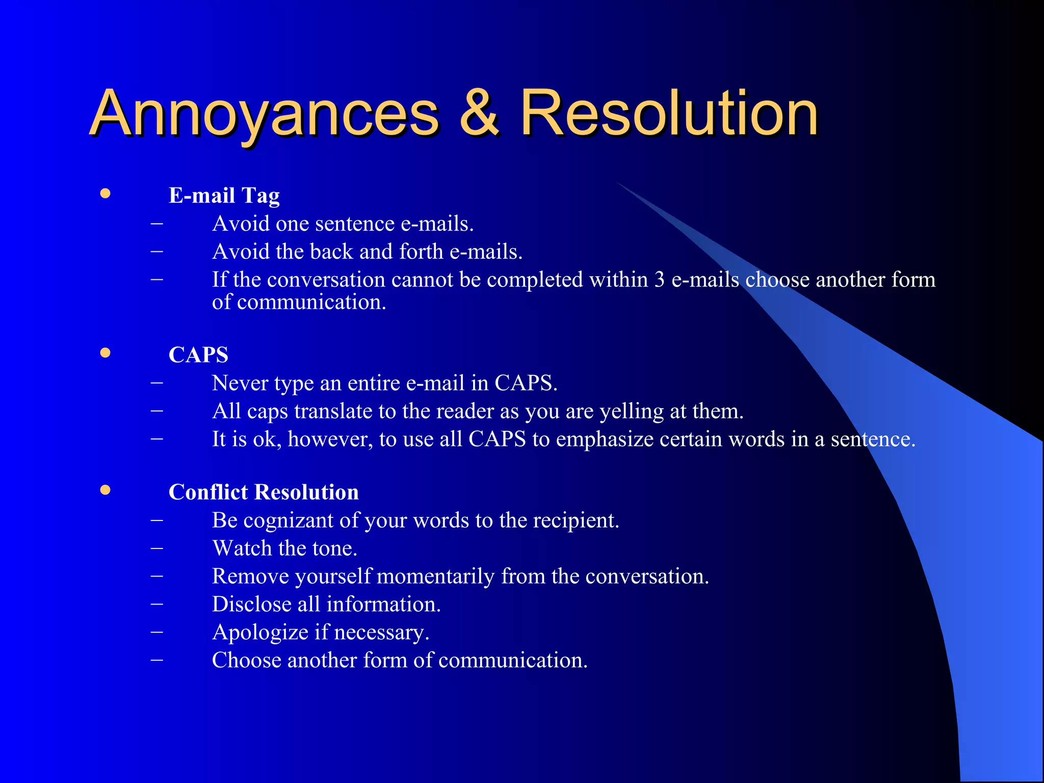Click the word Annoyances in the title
pyautogui.click(x=264, y=113)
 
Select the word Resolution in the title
pyautogui.click(x=668, y=113)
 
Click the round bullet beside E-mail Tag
pyautogui.click(x=106, y=193)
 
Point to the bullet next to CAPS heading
pyautogui.click(x=106, y=353)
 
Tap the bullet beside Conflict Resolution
pyautogui.click(x=106, y=490)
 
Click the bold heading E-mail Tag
pyautogui.click(x=224, y=196)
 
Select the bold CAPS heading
pyautogui.click(x=198, y=355)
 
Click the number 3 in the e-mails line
pyautogui.click(x=660, y=280)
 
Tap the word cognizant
pyautogui.click(x=289, y=520)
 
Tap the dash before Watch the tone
pyautogui.click(x=157, y=549)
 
